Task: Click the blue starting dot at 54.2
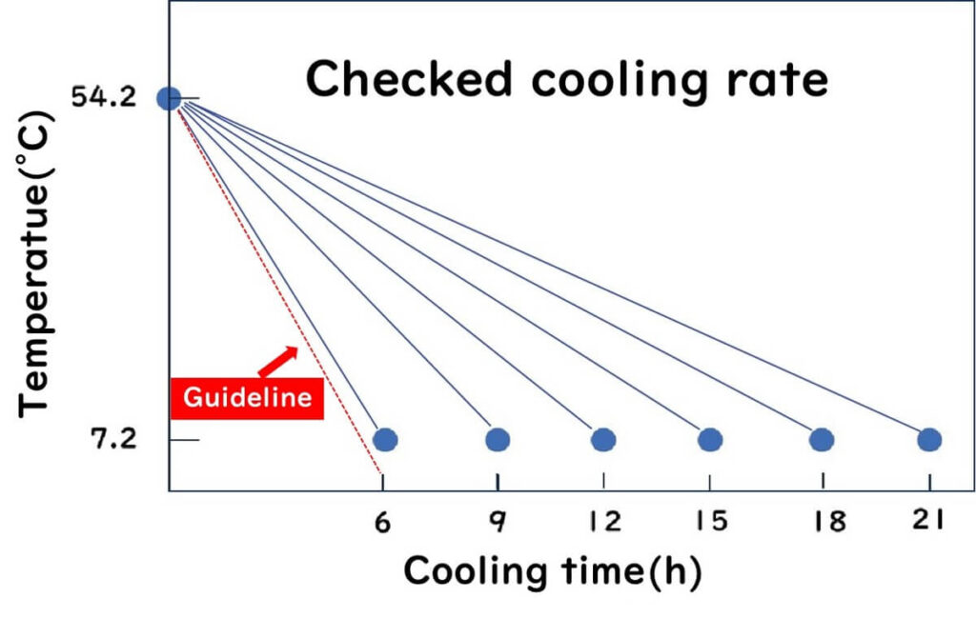[x=169, y=97]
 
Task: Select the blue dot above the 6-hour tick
[x=385, y=439]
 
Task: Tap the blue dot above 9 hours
[x=498, y=439]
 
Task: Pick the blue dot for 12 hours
[x=602, y=439]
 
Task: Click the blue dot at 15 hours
[x=709, y=439]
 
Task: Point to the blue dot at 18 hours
[x=822, y=439]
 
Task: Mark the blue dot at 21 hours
[x=929, y=439]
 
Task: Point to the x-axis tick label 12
[x=602, y=521]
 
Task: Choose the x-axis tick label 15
[x=709, y=521]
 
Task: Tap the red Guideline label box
[x=247, y=397]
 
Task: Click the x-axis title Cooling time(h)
[x=553, y=571]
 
